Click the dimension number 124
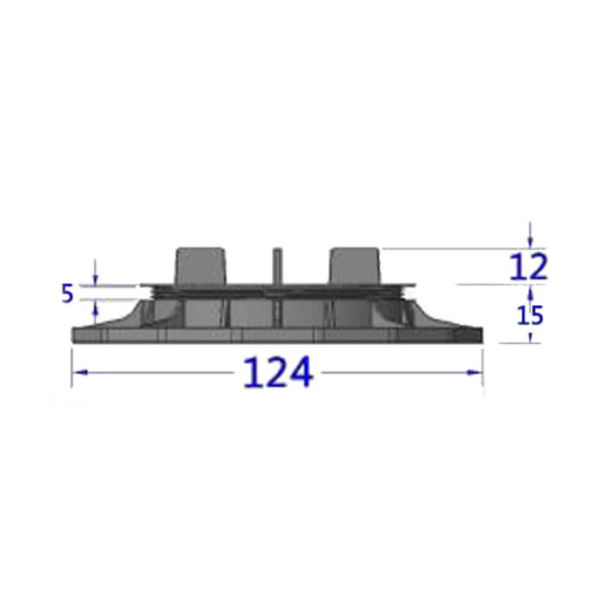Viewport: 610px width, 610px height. (277, 373)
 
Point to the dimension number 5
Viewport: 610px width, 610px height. (67, 294)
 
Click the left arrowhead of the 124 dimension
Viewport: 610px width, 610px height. (77, 372)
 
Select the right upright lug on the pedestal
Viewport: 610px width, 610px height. (355, 265)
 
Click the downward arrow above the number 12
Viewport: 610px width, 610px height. (531, 241)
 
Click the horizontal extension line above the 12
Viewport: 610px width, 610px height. (462, 249)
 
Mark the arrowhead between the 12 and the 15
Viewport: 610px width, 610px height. (531, 291)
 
